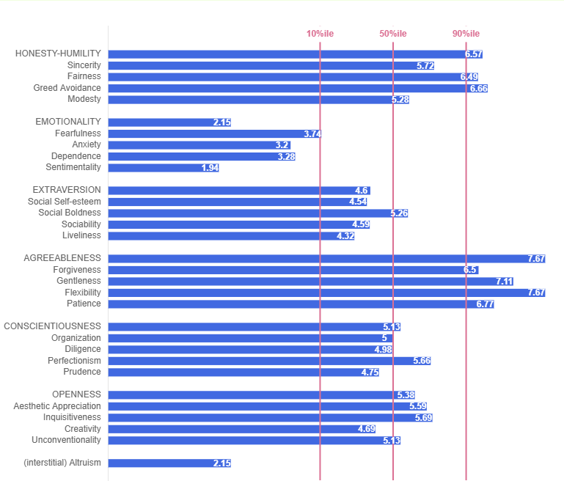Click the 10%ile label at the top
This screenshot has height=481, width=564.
[x=319, y=34]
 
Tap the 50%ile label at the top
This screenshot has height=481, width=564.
[x=392, y=34]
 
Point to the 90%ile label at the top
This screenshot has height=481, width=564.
[x=466, y=34]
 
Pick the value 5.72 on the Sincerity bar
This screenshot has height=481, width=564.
[x=425, y=65]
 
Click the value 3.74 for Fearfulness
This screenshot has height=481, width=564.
[x=312, y=133]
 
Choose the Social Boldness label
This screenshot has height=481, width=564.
[x=70, y=213]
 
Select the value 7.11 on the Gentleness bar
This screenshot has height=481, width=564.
[x=504, y=281]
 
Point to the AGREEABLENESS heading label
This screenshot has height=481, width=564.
[x=62, y=258]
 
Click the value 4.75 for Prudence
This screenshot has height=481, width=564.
[x=370, y=372]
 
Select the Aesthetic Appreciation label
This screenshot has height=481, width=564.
[x=57, y=406]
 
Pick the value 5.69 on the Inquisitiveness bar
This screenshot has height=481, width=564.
[x=423, y=417]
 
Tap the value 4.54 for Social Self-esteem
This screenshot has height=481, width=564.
[x=358, y=202]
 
